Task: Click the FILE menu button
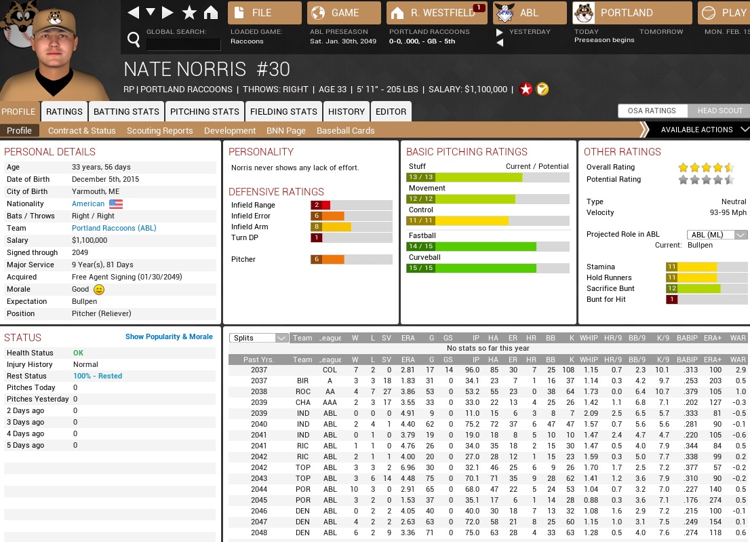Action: [264, 13]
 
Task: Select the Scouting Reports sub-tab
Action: [159, 130]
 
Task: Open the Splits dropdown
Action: [259, 338]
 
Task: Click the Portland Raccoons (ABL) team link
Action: [114, 228]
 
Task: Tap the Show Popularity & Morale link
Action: [169, 336]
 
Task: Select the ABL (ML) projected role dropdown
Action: [717, 235]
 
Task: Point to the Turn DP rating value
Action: [317, 237]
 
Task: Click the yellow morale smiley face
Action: [99, 290]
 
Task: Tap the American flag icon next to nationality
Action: [116, 204]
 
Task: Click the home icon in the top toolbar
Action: [211, 13]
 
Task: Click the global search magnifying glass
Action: [134, 39]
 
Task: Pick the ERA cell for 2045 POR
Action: [408, 500]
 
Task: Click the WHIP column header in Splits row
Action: [589, 338]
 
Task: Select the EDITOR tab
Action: [391, 111]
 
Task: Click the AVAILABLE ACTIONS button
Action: [696, 130]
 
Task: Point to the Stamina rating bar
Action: [691, 267]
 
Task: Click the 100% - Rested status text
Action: [98, 376]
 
